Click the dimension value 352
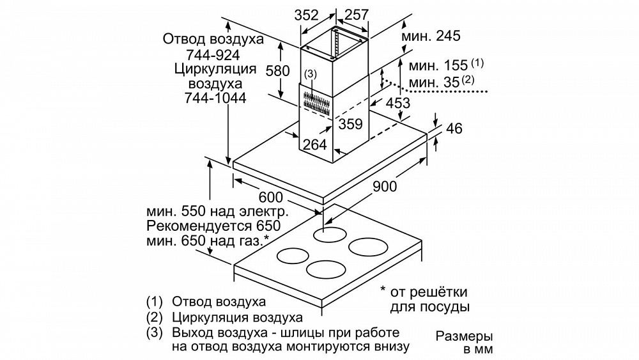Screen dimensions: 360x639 [306, 14]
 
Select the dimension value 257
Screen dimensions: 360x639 [354, 14]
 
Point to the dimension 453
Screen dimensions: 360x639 [397, 102]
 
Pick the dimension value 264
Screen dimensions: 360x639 [314, 145]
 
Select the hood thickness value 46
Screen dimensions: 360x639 [453, 129]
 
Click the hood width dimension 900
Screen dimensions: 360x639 [384, 186]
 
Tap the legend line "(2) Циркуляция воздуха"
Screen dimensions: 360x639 [224, 317]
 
